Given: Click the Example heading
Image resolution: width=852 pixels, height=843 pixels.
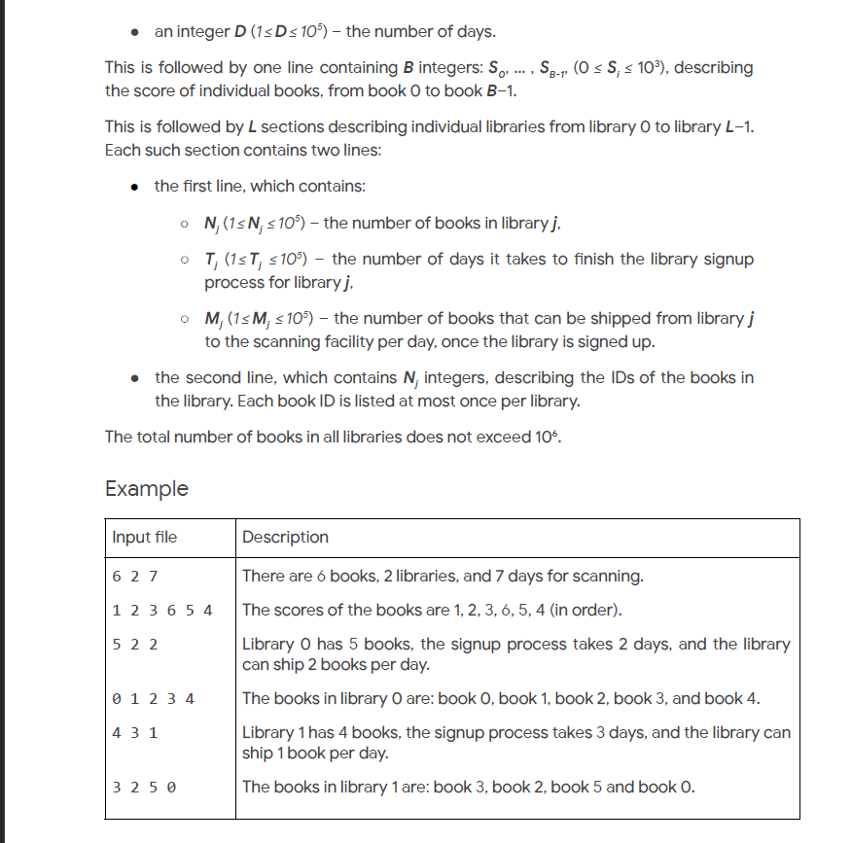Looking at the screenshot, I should click(147, 488).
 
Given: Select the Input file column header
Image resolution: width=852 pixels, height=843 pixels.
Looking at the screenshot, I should click(145, 537).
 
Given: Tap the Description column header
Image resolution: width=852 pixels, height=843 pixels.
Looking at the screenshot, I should click(285, 537).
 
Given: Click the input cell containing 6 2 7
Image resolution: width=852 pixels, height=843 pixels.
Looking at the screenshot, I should click(135, 576).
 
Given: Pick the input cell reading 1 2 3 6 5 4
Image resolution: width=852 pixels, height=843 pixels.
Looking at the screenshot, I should click(162, 610).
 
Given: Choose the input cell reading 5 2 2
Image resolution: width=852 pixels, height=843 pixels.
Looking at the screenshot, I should click(135, 644).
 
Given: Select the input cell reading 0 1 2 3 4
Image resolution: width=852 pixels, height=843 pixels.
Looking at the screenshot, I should click(154, 698).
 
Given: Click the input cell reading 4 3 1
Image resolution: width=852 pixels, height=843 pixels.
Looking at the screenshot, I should click(135, 732).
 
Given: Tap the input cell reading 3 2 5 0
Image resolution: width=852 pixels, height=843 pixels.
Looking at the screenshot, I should click(145, 786).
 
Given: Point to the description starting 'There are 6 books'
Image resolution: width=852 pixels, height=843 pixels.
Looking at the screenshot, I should click(443, 576).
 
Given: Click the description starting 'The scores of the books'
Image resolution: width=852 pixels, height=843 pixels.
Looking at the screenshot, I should click(432, 610).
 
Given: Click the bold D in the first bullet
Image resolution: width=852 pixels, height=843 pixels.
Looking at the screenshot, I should click(240, 32).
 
